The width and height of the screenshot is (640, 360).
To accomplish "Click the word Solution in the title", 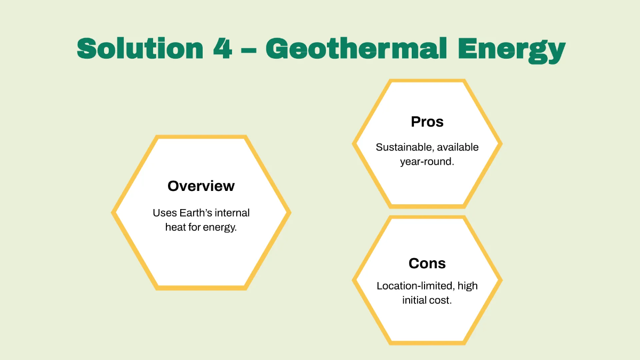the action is pos(140,49).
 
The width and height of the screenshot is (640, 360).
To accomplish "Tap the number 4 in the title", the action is pos(222,49).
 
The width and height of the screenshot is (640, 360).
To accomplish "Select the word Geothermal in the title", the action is pos(356,48).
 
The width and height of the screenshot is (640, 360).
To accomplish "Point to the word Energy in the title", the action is pos(511,50).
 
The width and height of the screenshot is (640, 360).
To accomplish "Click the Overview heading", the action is pos(201,186).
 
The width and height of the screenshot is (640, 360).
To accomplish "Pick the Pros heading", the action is pos(427,122).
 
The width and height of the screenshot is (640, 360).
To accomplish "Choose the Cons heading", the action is pos(427,263).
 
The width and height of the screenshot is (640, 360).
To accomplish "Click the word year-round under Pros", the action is pos(427,162).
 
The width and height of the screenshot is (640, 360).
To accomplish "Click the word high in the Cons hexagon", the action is pos(467,286).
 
